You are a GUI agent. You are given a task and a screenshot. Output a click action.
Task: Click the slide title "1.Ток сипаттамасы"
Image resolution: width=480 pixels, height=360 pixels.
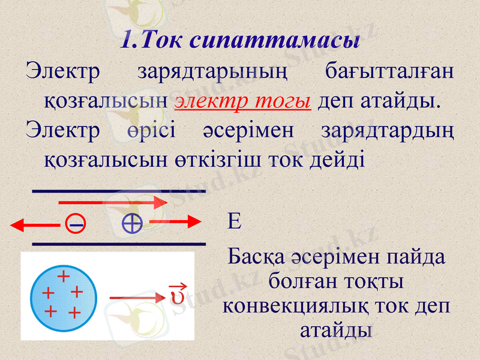click(x=240, y=40)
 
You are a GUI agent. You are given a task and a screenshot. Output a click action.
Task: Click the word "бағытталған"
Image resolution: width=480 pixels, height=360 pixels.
click(x=389, y=72)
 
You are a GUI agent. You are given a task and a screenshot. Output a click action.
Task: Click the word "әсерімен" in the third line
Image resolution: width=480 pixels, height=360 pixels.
click(x=249, y=130)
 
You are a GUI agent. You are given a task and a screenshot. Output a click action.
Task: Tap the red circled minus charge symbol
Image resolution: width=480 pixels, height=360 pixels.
click(x=76, y=224)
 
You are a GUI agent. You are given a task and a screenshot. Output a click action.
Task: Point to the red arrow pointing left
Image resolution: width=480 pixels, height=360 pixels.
click(x=35, y=225)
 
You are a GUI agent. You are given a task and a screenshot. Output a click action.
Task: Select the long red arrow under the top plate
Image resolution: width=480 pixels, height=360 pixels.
click(x=112, y=203)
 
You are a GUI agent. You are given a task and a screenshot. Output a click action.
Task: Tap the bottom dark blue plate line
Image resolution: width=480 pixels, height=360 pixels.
click(x=118, y=244)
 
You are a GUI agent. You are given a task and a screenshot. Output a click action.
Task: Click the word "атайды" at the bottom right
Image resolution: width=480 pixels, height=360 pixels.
click(x=335, y=329)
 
